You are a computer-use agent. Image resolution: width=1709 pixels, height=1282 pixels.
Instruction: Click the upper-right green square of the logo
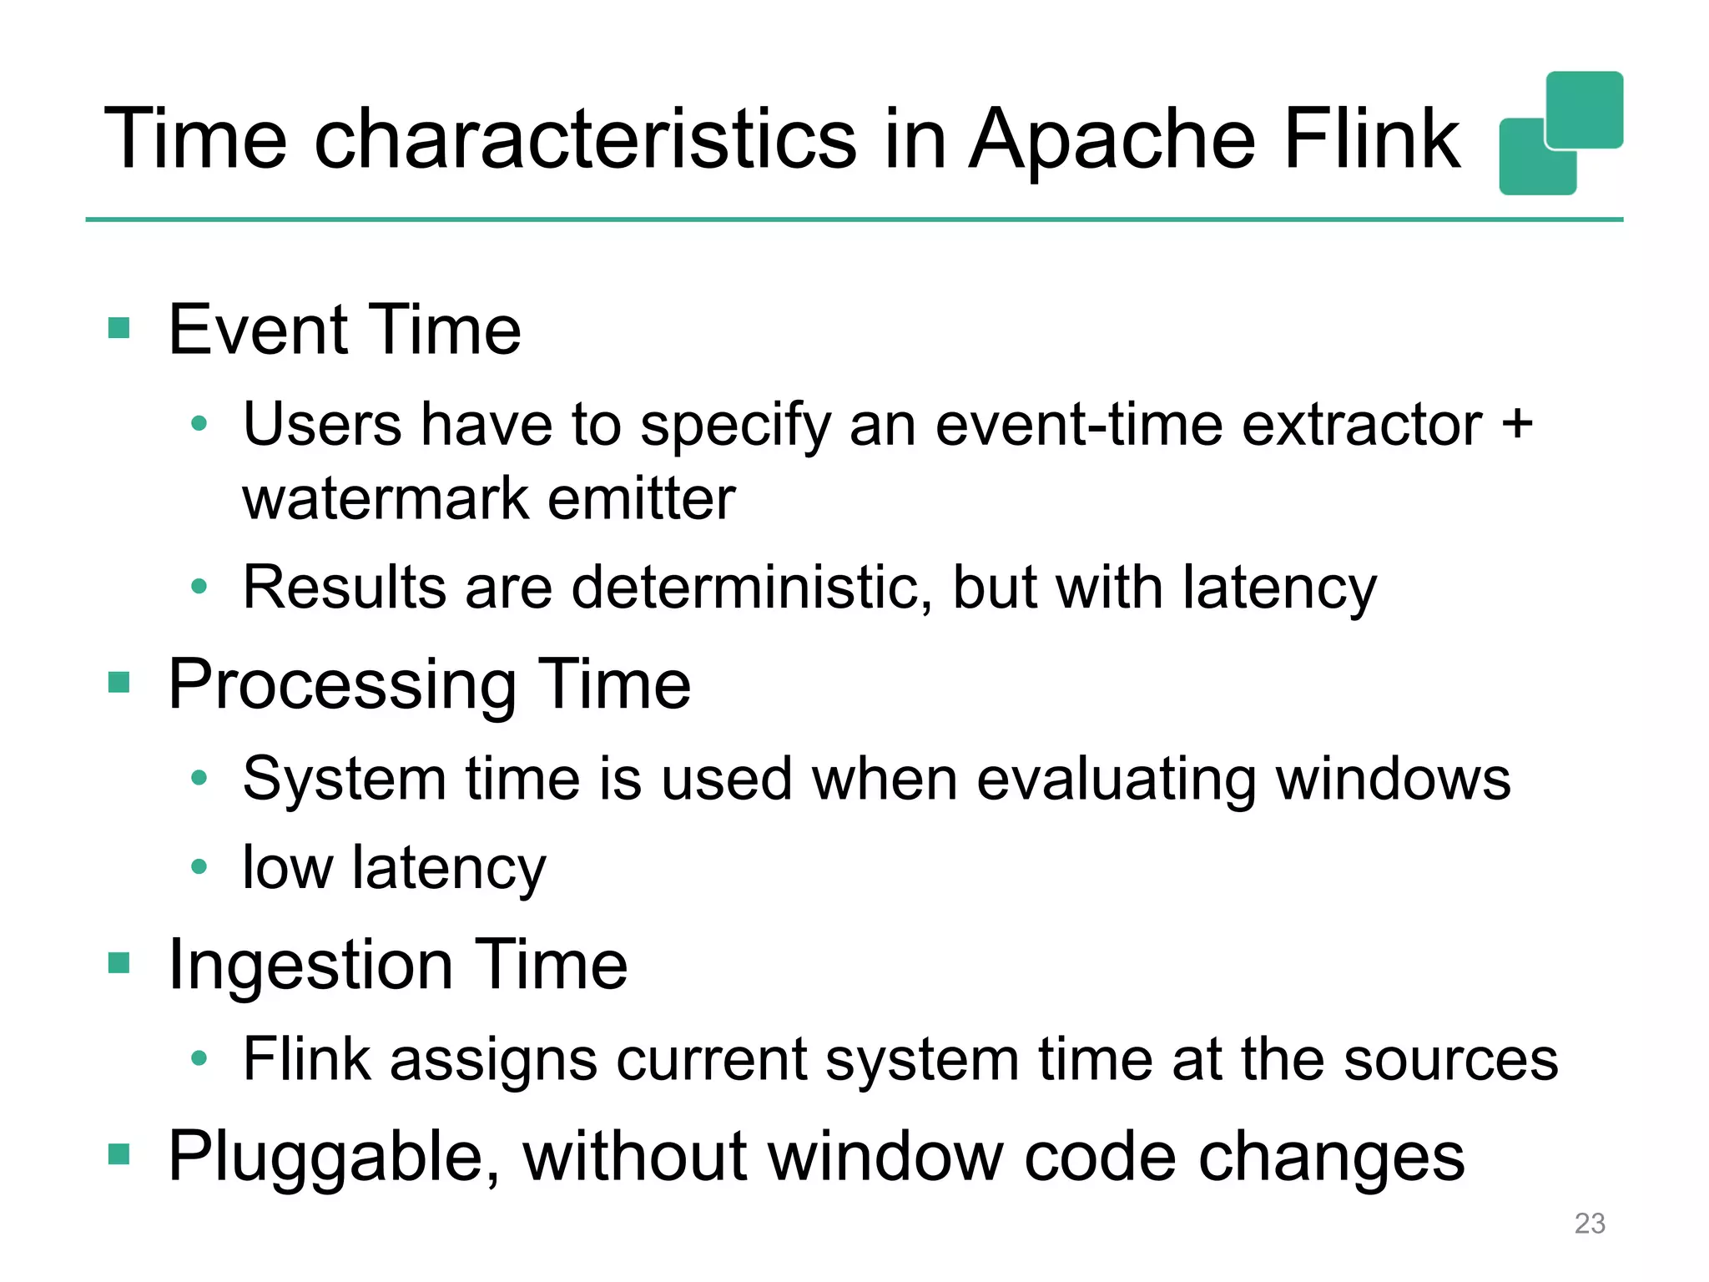(1584, 109)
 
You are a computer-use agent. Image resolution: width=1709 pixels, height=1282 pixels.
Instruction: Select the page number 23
(1589, 1223)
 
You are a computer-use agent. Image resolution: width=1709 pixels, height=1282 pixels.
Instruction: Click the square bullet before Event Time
(119, 328)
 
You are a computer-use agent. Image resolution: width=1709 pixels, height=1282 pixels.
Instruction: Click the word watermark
(385, 499)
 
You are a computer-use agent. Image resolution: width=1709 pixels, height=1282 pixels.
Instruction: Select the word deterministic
(751, 587)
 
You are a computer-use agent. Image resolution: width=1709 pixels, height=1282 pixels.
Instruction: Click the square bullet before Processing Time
(119, 683)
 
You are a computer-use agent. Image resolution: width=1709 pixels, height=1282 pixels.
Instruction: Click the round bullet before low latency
(199, 866)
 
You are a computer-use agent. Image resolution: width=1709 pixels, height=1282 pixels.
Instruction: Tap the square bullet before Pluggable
(119, 1154)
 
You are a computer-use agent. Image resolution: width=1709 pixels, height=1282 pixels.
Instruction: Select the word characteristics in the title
(585, 139)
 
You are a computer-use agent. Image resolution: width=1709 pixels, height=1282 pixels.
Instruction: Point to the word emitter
(641, 499)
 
